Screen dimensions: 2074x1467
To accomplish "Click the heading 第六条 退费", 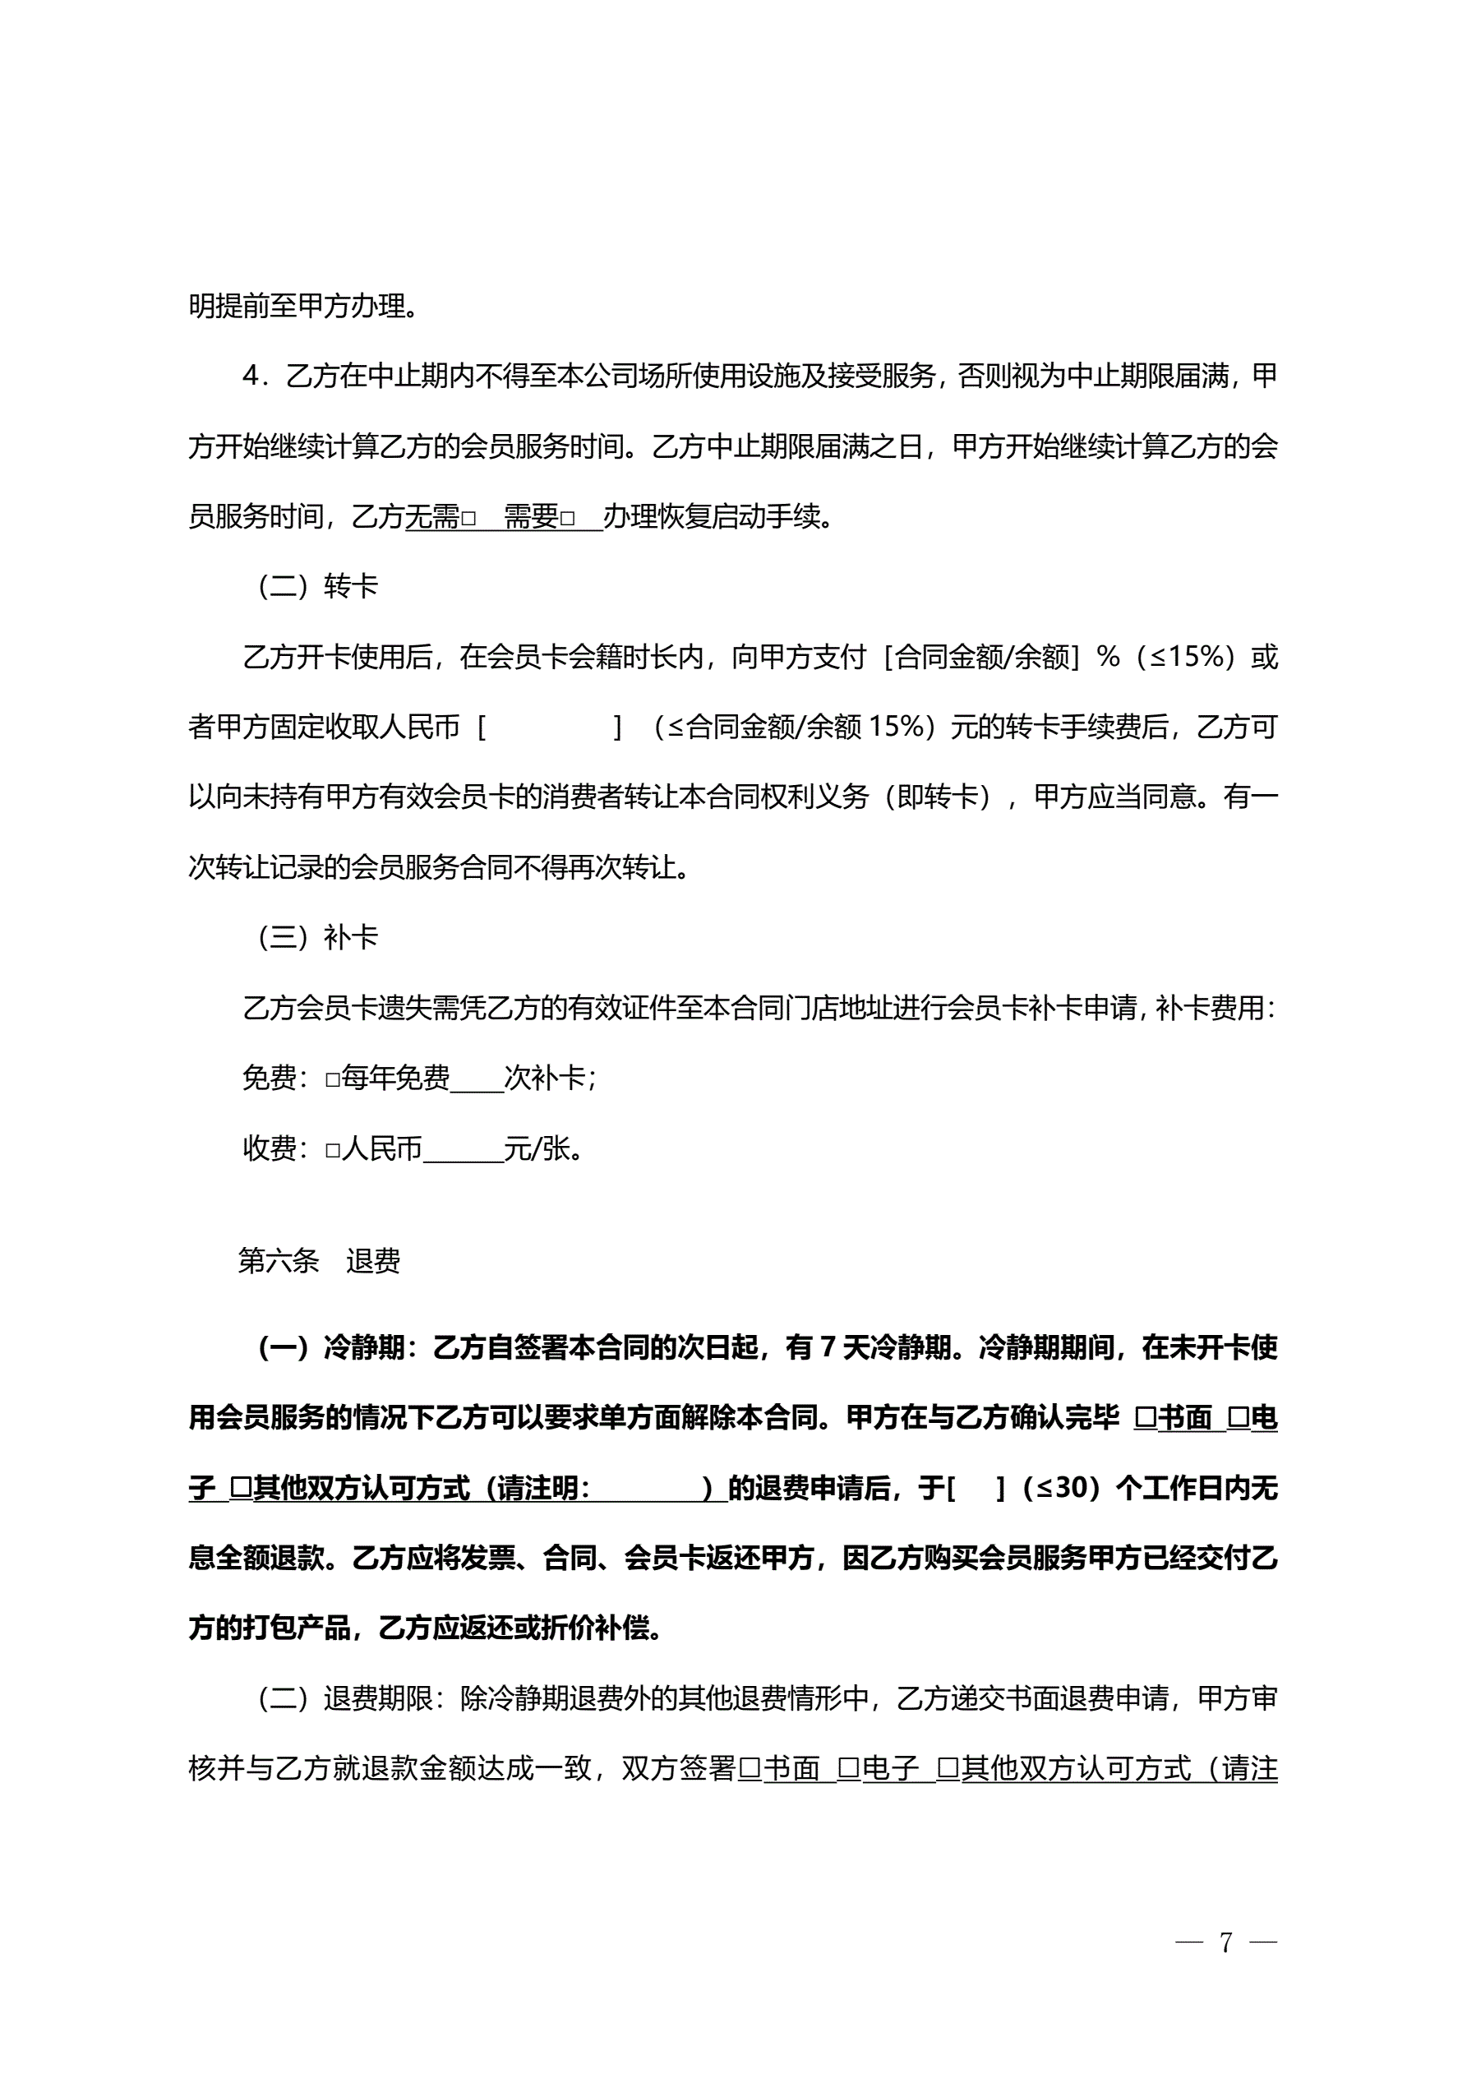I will coord(319,1260).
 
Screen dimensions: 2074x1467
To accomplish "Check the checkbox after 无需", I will coord(468,519).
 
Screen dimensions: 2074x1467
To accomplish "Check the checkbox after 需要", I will coord(567,519).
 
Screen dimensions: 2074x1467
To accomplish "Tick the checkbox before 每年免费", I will coord(332,1079).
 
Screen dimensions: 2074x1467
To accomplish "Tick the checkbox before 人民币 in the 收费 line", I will coord(332,1150).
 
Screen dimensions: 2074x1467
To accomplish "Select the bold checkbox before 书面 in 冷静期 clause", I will coord(1146,1418).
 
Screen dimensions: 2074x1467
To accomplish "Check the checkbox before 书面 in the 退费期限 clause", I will coord(750,1767).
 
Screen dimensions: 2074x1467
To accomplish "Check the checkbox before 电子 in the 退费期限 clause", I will coord(848,1767).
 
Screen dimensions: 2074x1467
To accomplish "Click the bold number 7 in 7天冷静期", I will coord(828,1348).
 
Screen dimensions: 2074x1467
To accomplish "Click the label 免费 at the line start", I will coord(270,1079).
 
